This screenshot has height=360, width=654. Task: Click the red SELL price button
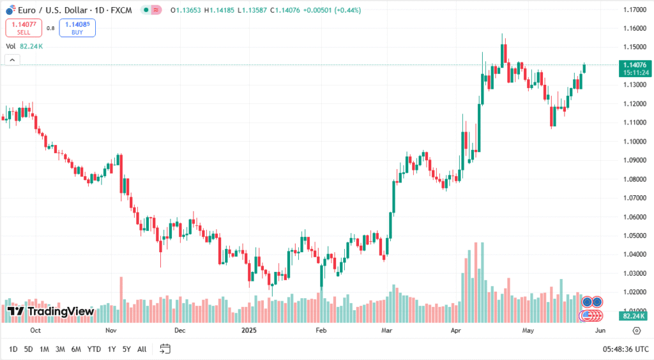coord(24,27)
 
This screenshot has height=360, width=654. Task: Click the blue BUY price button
coord(77,27)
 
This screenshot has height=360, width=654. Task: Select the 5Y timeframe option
coord(126,349)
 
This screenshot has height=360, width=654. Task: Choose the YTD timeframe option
coord(94,349)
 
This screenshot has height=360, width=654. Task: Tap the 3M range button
coord(60,349)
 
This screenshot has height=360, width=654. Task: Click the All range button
coord(142,349)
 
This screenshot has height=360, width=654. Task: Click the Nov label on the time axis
coord(111,331)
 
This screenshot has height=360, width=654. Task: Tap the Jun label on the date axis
coord(600,331)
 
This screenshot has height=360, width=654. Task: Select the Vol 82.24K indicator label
coord(24,46)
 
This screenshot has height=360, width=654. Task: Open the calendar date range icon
coord(165,349)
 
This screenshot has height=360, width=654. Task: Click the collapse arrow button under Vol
coord(12,60)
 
